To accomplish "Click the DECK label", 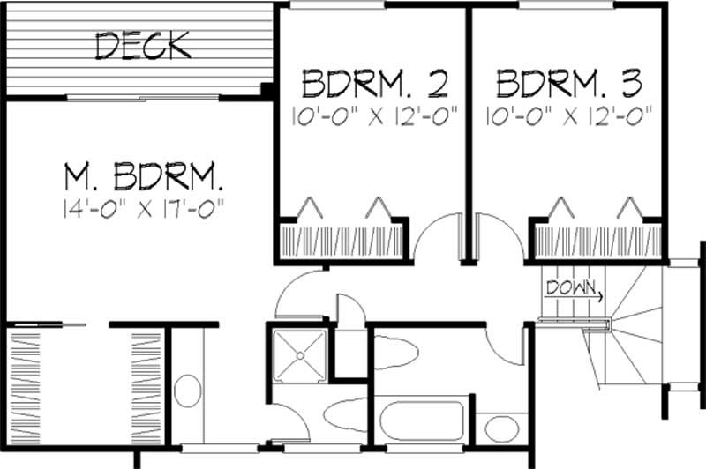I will click(x=143, y=45).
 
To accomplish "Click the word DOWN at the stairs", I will click(x=567, y=287).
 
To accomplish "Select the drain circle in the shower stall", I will click(x=299, y=354).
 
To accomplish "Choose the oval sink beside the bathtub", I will click(x=502, y=430).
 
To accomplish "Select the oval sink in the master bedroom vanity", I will click(x=188, y=390).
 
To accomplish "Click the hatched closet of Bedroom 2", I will click(x=341, y=240).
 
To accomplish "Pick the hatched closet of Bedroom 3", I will click(x=596, y=240).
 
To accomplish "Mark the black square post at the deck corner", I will click(x=267, y=89).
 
